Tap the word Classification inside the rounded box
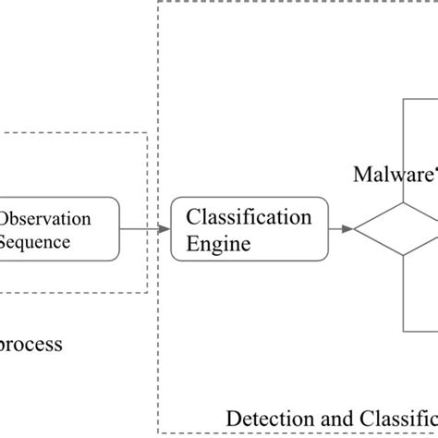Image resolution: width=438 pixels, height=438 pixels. coord(249,218)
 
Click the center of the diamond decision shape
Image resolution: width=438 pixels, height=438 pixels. coord(404,229)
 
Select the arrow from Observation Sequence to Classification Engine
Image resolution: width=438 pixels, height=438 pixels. coord(143,229)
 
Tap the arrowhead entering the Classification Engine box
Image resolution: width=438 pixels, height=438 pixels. coord(165,229)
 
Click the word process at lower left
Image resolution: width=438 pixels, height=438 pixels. coord(31,345)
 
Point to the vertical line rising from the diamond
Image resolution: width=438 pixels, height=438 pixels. coord(404,148)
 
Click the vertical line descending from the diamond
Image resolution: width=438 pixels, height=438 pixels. coord(404,296)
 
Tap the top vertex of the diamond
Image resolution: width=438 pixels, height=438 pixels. coord(404,201)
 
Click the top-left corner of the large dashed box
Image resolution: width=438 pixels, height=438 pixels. coord(159,3)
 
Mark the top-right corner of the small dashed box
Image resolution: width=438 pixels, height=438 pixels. coord(147,133)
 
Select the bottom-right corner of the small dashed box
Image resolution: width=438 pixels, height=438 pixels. coord(147,293)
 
